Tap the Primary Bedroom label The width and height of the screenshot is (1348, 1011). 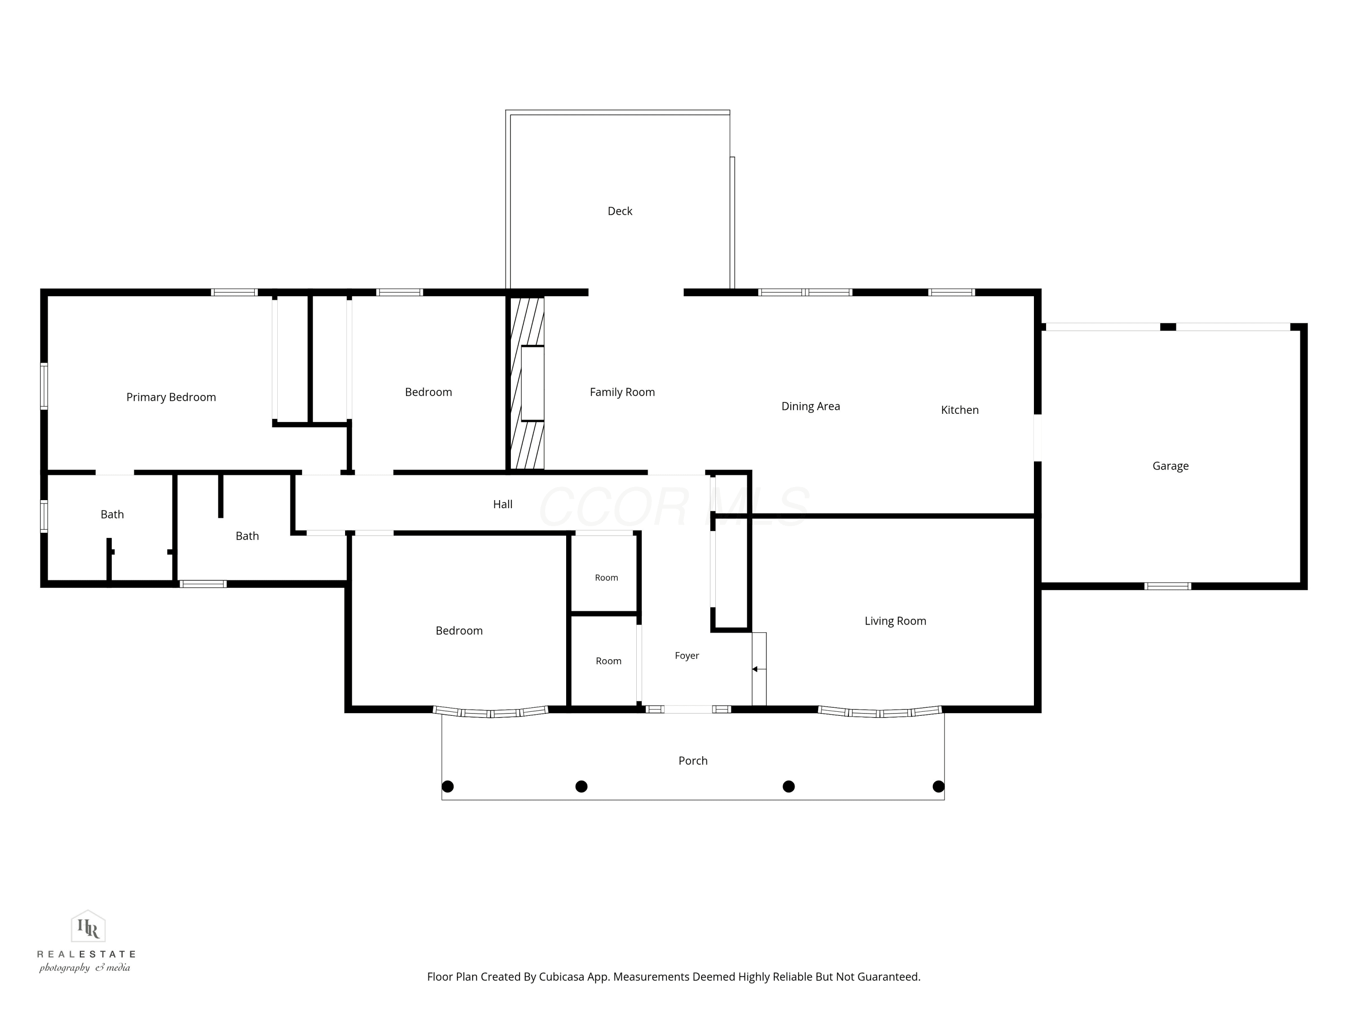click(171, 397)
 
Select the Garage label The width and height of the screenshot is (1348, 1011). click(1170, 466)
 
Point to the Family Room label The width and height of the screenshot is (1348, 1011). click(622, 392)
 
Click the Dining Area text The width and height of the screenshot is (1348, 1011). click(811, 407)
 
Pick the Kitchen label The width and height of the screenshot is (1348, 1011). click(960, 410)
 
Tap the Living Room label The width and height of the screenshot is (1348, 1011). click(895, 621)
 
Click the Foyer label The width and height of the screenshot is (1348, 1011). click(687, 656)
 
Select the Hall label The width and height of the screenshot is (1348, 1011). click(503, 505)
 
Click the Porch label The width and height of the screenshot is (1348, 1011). click(693, 761)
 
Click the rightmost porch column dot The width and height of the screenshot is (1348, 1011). click(939, 786)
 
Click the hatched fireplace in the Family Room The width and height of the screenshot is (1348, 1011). click(527, 383)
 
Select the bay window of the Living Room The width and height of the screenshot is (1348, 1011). click(880, 712)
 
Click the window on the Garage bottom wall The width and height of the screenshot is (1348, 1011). click(1167, 586)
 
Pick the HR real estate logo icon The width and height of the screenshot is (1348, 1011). click(89, 927)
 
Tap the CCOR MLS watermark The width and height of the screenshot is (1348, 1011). click(674, 507)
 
